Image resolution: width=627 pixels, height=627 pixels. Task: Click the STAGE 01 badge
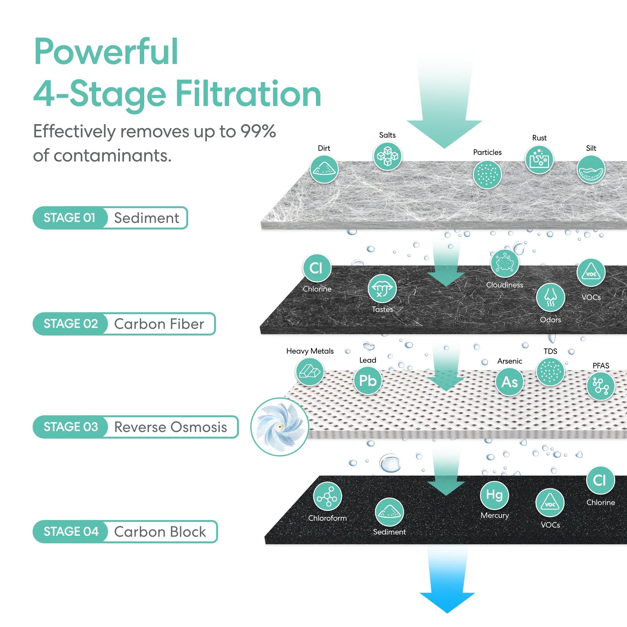[x=69, y=218]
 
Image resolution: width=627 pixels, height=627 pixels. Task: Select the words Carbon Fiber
[x=159, y=324]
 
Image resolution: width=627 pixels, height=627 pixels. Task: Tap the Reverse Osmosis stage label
[x=170, y=427]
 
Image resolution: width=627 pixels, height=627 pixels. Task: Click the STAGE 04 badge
[x=71, y=532]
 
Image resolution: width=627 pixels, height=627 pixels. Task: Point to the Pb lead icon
[x=367, y=381]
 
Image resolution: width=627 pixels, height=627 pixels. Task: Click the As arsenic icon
[x=509, y=382]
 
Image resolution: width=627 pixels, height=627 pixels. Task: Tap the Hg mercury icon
[x=494, y=495]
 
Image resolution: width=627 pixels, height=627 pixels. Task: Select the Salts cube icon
[x=387, y=156]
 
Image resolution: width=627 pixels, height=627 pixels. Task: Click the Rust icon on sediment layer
[x=539, y=160]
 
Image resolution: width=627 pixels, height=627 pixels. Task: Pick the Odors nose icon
[x=550, y=297]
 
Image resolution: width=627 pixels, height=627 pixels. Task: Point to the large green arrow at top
[x=444, y=104]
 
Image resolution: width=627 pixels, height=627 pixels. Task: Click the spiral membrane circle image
[x=280, y=427]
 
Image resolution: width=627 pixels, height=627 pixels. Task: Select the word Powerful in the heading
[x=106, y=52]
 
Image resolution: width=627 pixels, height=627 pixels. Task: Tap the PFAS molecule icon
[x=600, y=386]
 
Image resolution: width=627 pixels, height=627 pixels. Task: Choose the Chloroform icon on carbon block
[x=327, y=496]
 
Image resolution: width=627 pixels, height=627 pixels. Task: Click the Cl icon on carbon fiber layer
[x=316, y=268]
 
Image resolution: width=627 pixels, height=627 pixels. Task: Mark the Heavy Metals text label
[x=310, y=351]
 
